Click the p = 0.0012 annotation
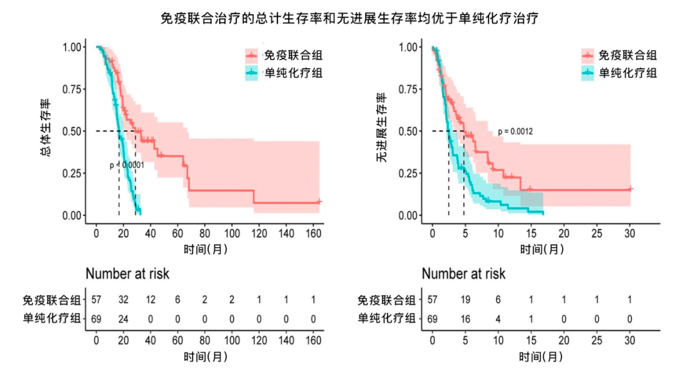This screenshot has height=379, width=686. [x=515, y=132]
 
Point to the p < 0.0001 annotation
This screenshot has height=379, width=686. [x=127, y=165]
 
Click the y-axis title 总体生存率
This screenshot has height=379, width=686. [x=46, y=130]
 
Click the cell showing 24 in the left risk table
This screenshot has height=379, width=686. [x=124, y=318]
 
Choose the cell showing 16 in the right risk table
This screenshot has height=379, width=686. [x=466, y=318]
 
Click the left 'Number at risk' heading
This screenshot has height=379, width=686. [x=128, y=274]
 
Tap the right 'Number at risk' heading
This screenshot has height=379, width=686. [x=464, y=274]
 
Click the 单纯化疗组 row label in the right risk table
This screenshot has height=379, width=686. [x=387, y=318]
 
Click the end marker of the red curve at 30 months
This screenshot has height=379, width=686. [x=630, y=189]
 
